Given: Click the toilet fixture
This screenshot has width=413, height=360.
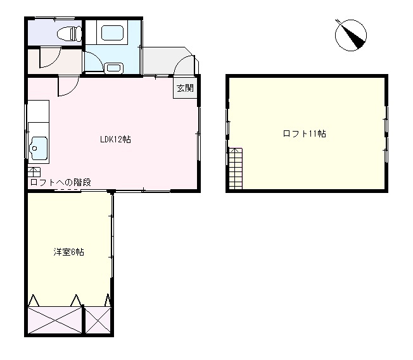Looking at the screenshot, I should pyautogui.click(x=67, y=34).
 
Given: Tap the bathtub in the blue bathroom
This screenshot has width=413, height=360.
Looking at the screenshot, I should pyautogui.click(x=113, y=34).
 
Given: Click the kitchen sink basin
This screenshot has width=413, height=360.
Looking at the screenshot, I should pyautogui.click(x=37, y=149).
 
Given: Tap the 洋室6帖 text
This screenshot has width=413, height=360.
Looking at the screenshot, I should pyautogui.click(x=68, y=252).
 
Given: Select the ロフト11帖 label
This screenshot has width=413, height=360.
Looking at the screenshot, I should pyautogui.click(x=305, y=133).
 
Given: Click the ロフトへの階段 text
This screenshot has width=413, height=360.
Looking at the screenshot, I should pyautogui.click(x=60, y=182).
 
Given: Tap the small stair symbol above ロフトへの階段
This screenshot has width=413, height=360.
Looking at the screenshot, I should pyautogui.click(x=34, y=171).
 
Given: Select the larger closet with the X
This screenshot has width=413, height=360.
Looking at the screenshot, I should pyautogui.click(x=55, y=320).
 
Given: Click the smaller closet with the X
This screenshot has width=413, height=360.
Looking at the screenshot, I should pyautogui.click(x=98, y=320).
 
